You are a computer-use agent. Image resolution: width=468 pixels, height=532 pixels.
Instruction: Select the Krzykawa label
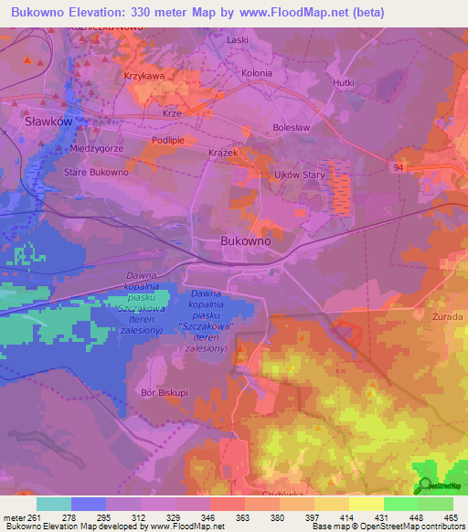pyautogui.click(x=144, y=77)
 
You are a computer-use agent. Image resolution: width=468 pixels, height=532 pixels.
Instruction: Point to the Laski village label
pyautogui.click(x=238, y=40)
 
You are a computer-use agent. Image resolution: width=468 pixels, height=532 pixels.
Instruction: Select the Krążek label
pyautogui.click(x=222, y=153)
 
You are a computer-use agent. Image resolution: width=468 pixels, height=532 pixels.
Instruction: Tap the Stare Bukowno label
pyautogui.click(x=96, y=172)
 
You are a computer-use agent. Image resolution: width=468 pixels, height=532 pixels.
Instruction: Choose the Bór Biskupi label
pyautogui.click(x=165, y=392)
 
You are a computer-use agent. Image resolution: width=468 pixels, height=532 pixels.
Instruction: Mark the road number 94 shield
pyautogui.click(x=399, y=167)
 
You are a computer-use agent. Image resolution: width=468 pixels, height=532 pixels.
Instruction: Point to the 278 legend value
pyautogui.click(x=89, y=517)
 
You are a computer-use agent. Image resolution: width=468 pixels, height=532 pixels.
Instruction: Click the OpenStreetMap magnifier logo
pyautogui.click(x=425, y=485)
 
